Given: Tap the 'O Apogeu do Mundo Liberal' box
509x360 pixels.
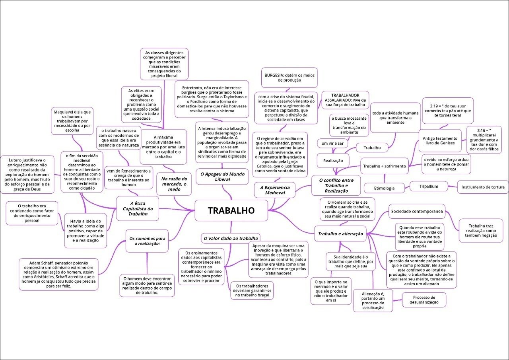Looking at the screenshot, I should pos(223,177).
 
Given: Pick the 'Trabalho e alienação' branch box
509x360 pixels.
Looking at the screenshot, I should pos(340,234).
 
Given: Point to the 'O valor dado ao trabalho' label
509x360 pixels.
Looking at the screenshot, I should pos(230,238).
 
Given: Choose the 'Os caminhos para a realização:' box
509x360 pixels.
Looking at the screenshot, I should pos(147,241).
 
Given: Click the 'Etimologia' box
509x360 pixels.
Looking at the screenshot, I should pos(385,188).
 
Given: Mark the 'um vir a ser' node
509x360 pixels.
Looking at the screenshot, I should pos(332,143).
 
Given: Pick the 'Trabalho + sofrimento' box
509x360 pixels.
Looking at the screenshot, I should pos(384,166).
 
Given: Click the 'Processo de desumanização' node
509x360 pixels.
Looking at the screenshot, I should pos(424,300).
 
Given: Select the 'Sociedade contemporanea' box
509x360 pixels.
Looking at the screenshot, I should pos(416,211).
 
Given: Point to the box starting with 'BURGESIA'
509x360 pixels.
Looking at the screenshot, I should pos(289,77).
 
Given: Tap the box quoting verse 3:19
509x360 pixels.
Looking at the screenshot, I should pos(447,111).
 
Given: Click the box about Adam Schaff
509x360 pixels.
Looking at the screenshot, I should pos(58,274).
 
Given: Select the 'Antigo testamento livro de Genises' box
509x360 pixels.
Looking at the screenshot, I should pos(440,140).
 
